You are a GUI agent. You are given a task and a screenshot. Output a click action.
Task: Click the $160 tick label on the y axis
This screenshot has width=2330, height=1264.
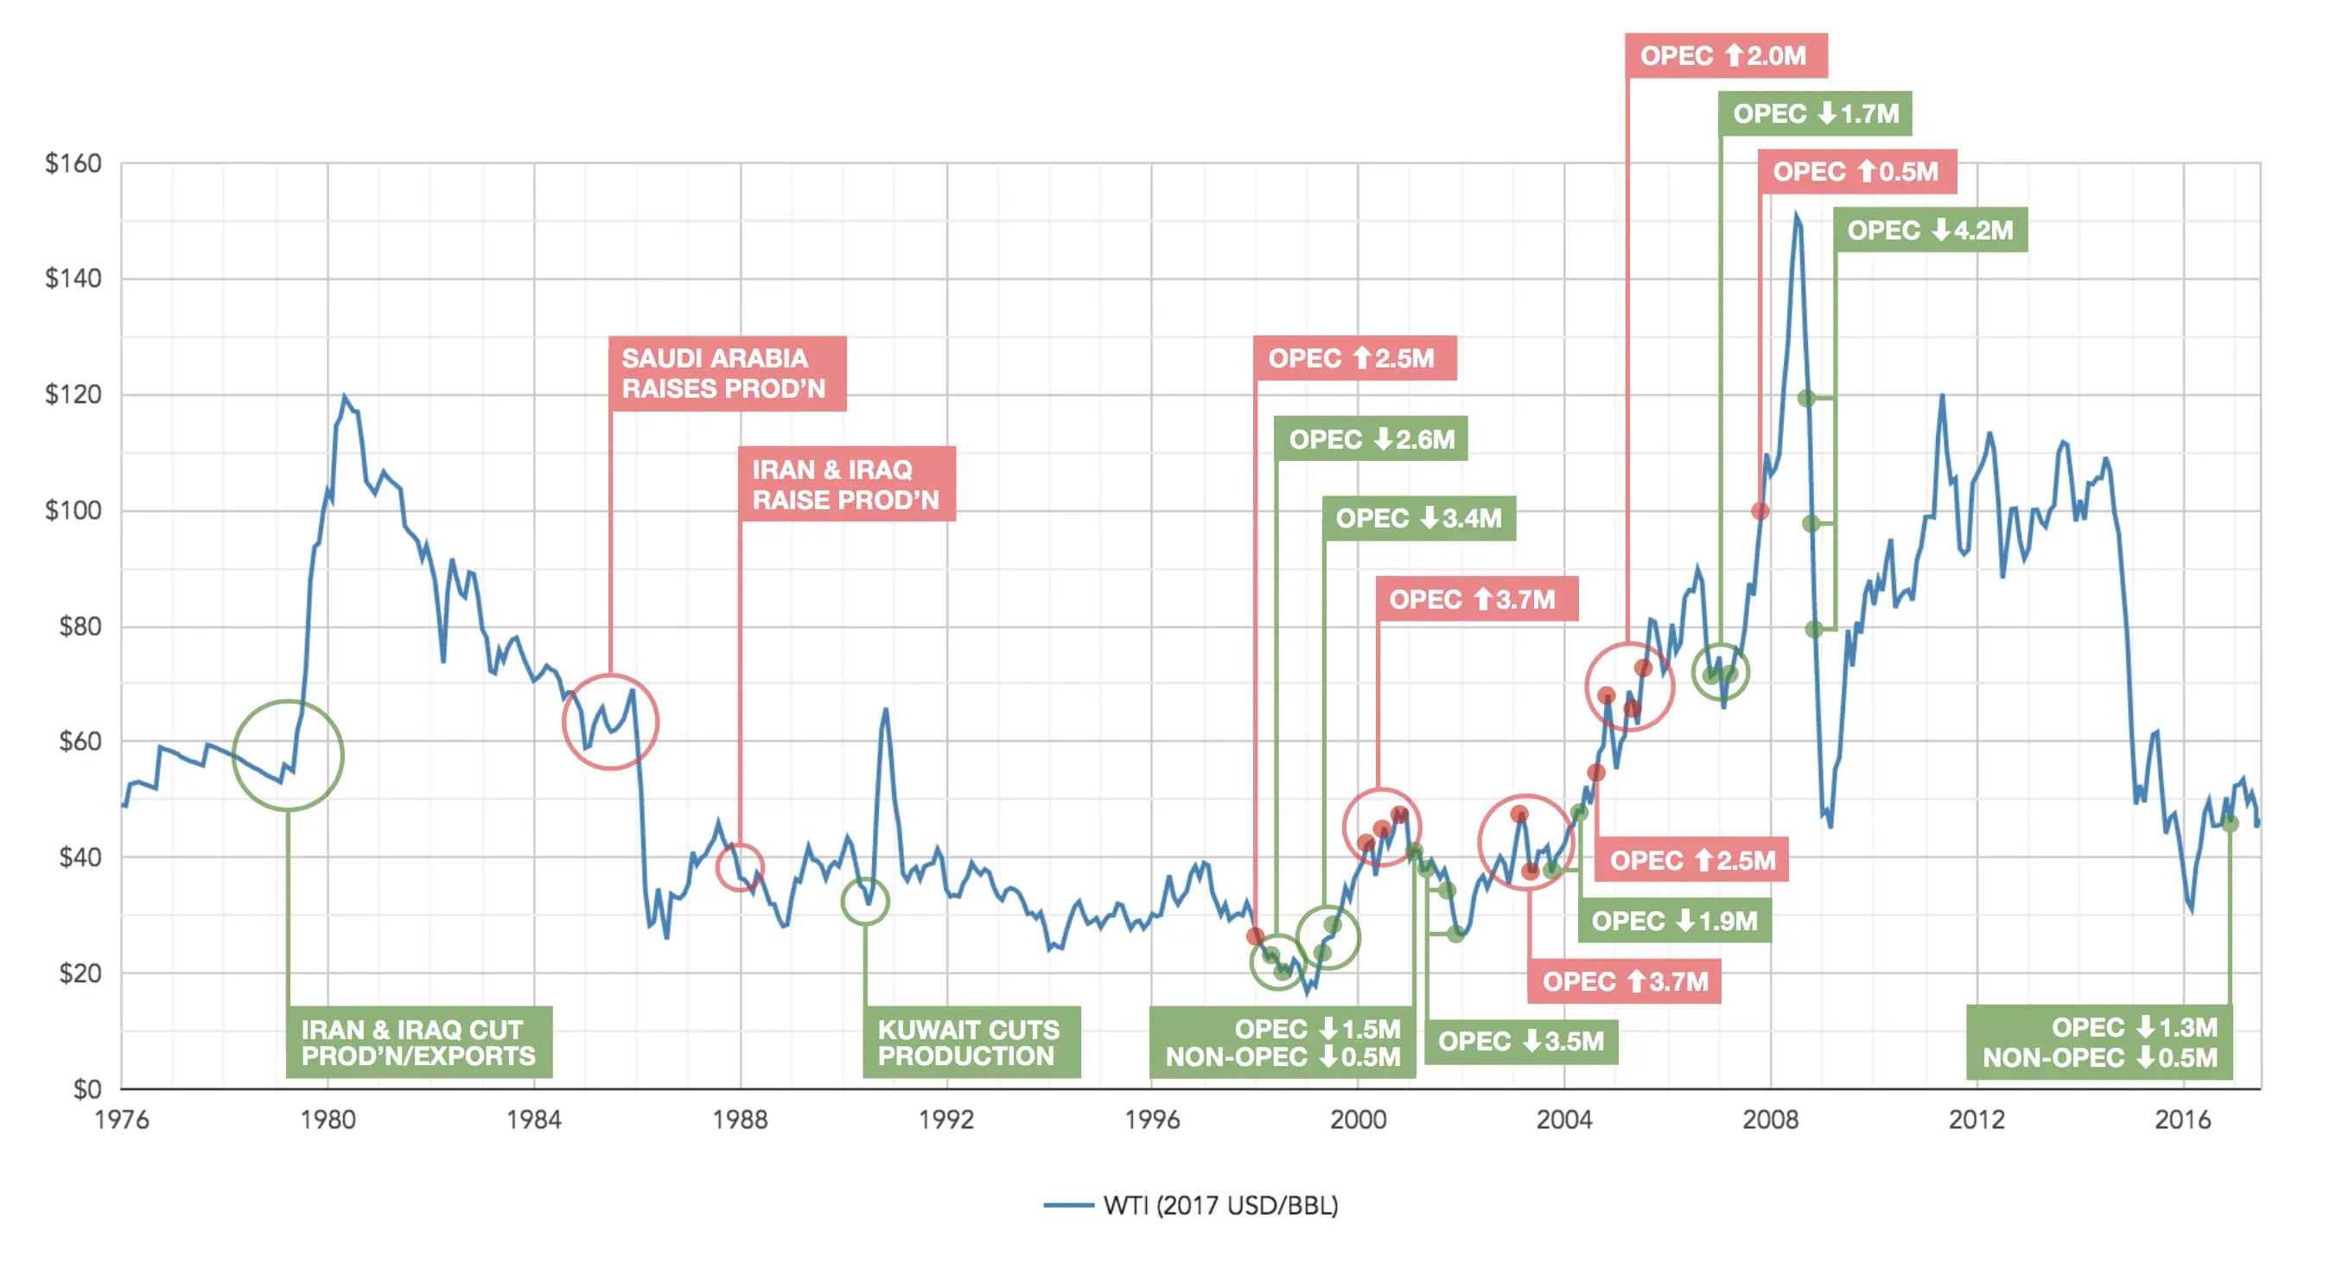73,163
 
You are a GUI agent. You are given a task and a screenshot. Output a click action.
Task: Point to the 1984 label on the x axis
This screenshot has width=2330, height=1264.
533,1120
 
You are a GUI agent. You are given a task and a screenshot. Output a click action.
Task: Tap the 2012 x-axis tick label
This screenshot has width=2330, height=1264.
1977,1120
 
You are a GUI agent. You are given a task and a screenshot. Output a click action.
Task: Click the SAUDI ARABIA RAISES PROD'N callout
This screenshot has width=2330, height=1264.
726,373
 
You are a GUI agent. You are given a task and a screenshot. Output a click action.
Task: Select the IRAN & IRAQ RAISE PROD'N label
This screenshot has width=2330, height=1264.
846,484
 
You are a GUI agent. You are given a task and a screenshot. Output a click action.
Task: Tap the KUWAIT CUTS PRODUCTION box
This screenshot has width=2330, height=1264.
971,1043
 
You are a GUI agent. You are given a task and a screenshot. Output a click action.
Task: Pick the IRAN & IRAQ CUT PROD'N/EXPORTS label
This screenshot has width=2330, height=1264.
419,1043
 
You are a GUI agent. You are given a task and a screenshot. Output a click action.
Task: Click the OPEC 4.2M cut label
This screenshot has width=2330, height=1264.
1930,230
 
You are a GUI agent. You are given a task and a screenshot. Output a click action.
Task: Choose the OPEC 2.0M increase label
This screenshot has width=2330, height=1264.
1725,56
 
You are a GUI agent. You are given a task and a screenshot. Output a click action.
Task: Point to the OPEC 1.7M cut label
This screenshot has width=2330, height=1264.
1815,114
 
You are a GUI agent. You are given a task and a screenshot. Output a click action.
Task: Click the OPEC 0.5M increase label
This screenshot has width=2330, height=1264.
1857,172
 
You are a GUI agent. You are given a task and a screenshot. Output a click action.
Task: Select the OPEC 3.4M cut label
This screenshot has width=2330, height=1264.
1418,519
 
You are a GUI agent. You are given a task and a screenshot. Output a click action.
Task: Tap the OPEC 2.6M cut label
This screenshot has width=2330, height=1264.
1371,439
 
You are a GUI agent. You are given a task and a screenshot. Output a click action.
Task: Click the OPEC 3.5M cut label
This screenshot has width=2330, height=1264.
1521,1042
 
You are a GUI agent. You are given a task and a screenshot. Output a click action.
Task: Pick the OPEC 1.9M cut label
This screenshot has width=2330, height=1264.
1675,921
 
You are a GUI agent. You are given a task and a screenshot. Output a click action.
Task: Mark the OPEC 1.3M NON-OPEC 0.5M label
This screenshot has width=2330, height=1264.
2098,1043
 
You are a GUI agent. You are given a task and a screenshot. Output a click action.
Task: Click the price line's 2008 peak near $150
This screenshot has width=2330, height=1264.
1797,215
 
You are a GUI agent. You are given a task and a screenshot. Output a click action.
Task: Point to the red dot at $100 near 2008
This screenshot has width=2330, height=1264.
1760,511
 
